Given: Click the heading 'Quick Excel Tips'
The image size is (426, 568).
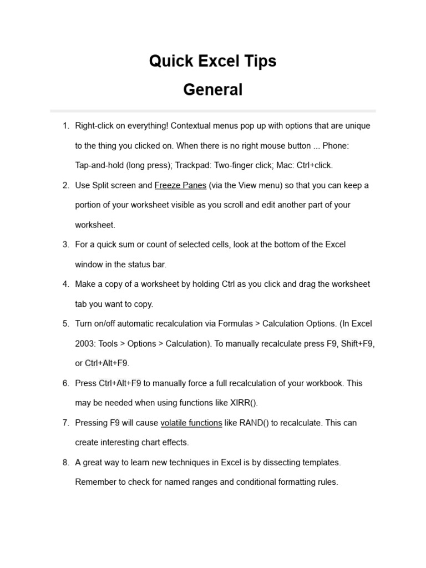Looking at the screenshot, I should point(212,61).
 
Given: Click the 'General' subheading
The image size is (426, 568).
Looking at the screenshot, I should point(212,90).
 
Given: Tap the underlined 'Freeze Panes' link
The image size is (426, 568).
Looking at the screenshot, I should point(180,185).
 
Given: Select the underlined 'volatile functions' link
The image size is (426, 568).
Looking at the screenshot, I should point(191,423).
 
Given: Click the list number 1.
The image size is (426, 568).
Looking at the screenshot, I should point(65,126).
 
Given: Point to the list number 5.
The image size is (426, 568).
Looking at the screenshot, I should point(65,323).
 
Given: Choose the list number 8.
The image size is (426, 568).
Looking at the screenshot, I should point(65,462).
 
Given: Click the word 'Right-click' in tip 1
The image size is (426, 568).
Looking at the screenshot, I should point(94,126).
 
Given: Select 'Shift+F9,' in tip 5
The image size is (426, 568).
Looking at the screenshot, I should point(358,343).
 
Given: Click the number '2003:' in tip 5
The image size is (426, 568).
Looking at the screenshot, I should point(85,343).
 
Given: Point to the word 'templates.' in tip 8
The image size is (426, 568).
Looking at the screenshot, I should point(322,462).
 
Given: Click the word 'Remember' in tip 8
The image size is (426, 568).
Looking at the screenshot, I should point(94,482).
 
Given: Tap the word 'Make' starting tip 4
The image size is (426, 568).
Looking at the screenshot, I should point(85,284).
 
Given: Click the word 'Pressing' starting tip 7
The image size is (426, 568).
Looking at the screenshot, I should point(92,423).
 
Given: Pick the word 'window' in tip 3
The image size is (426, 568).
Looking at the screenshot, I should point(89,264).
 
